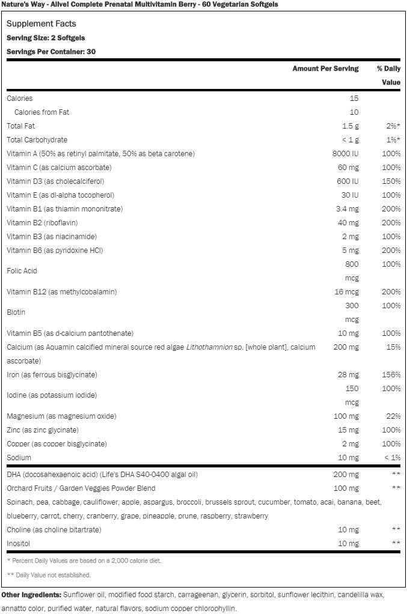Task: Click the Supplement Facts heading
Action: pos(41,23)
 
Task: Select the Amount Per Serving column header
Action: pos(325,68)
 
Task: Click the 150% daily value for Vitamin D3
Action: pos(391,181)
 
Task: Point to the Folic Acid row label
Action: pos(22,271)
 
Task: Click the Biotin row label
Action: pos(16,312)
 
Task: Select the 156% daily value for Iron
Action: pos(391,375)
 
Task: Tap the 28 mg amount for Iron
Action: pos(348,375)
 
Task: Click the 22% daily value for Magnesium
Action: pos(393,416)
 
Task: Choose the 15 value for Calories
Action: pos(353,99)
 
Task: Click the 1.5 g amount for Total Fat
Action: pos(350,126)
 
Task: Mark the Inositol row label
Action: pos(18,544)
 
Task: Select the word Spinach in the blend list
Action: pos(20,502)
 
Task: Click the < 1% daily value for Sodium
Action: pos(391,458)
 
